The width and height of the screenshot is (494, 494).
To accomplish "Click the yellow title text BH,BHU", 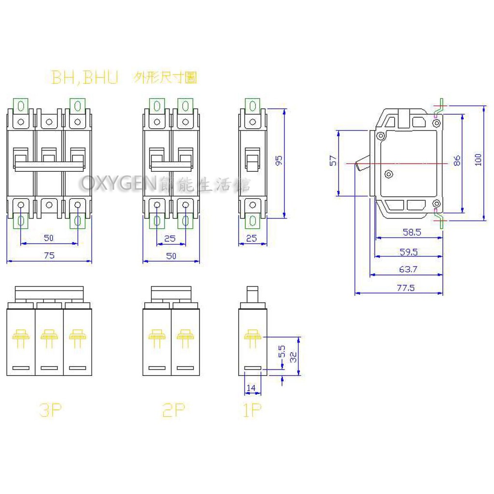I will [x=85, y=78].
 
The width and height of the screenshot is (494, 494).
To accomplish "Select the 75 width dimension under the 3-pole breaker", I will [x=49, y=256].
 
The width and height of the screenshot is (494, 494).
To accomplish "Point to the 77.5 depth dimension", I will [x=406, y=288].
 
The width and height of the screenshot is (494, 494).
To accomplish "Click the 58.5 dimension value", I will [x=412, y=232].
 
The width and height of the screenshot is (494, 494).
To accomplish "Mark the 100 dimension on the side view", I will [x=478, y=160].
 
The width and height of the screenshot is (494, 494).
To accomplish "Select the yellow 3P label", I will [x=51, y=411].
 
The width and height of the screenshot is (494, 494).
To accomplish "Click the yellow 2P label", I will [x=174, y=411].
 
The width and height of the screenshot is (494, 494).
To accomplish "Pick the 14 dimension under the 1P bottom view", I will [x=251, y=387].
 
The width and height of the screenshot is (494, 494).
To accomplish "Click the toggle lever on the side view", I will [x=361, y=165].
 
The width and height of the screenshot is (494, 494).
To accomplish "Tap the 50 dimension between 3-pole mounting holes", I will [x=49, y=238].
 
